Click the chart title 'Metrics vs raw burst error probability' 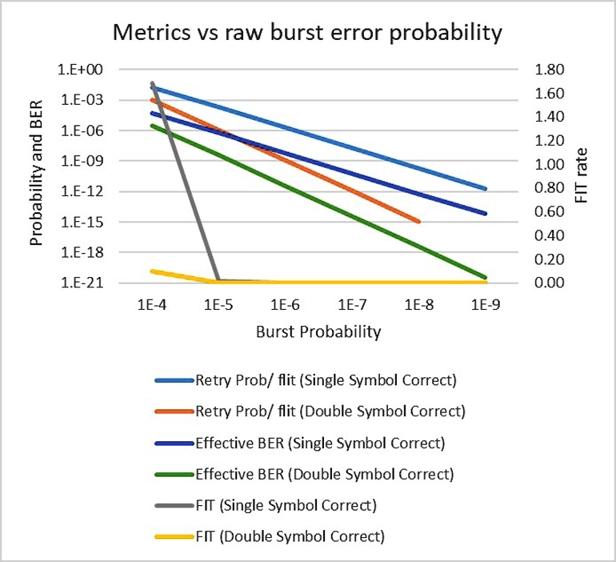[308, 34]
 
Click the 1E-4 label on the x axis [151, 306]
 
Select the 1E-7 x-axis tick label [352, 306]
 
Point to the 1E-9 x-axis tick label [486, 306]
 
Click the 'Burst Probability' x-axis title [318, 331]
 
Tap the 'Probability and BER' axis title [36, 176]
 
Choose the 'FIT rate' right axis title [582, 176]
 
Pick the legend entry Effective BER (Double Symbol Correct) [324, 474]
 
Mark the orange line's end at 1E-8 [418, 222]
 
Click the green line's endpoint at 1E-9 [486, 277]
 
